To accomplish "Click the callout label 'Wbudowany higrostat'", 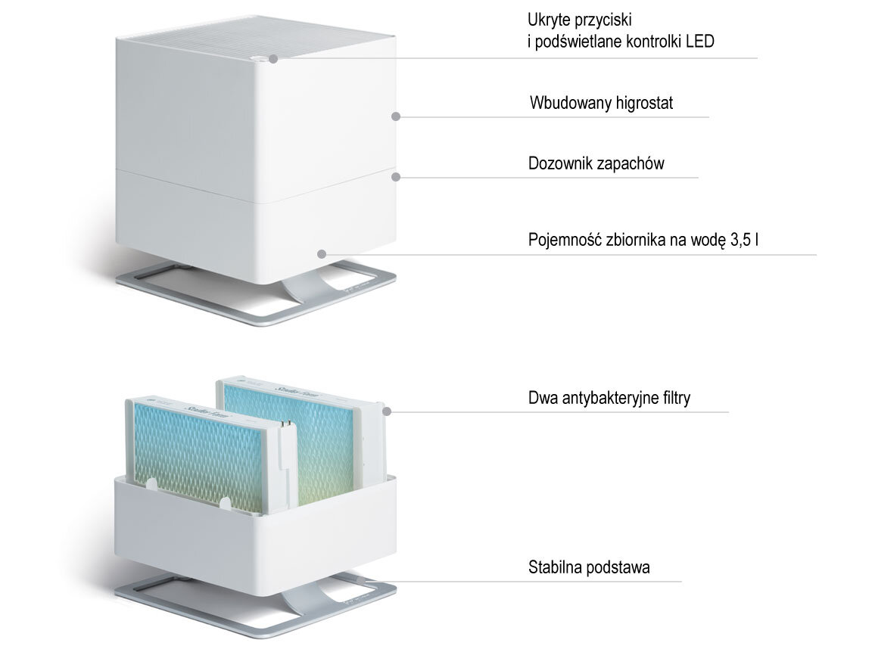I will tap(601, 103).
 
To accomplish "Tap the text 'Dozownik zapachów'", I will tap(596, 163).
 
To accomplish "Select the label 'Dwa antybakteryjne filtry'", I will tap(609, 398).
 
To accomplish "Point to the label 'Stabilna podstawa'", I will tap(588, 567).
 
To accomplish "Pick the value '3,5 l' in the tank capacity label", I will tap(744, 241).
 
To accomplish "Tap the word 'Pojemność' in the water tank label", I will tap(563, 241).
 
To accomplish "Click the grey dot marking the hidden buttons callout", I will tap(272, 57).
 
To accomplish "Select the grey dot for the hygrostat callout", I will tap(394, 116).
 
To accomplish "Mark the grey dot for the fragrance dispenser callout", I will tap(394, 176).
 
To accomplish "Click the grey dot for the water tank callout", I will tap(322, 253).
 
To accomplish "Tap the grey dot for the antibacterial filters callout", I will tap(387, 411).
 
